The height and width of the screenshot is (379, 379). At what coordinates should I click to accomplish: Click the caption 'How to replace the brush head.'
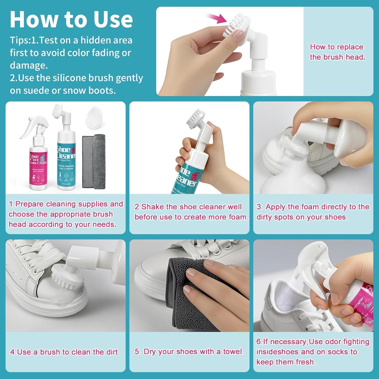coord(337,52)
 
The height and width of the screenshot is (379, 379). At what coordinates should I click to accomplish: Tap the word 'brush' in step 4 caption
coord(50,352)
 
